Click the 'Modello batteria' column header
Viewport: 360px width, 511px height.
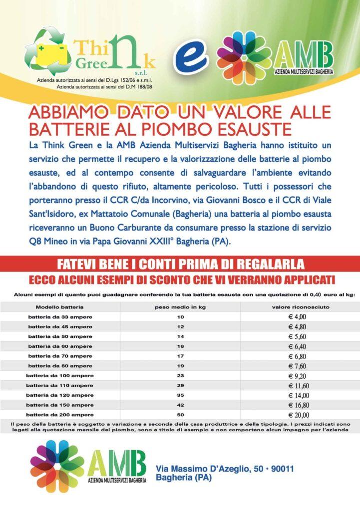pos(59,307)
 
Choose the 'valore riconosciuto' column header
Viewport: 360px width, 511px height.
pos(300,307)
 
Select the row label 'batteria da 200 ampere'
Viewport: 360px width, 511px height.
pos(59,415)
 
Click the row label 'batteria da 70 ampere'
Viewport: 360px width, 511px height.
pos(59,356)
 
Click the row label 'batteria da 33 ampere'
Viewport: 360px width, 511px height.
pos(59,317)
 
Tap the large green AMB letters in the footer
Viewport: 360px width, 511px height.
pos(117,462)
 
